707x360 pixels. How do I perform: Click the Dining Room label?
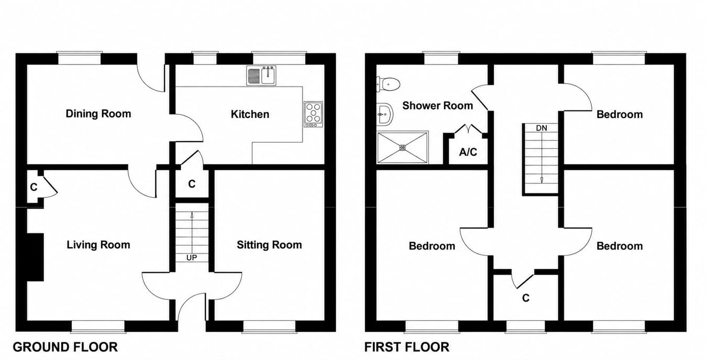click(x=98, y=114)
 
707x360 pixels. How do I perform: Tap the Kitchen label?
click(x=250, y=114)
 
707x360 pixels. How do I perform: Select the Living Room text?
click(x=98, y=245)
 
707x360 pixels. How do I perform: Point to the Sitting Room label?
click(x=269, y=245)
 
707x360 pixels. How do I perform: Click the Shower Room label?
click(x=437, y=105)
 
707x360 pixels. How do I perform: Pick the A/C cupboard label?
click(x=468, y=152)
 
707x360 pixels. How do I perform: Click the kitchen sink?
click(x=261, y=75)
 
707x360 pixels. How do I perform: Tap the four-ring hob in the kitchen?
click(x=313, y=114)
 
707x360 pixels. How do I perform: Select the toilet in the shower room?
click(x=388, y=84)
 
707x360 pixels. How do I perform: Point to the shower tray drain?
click(x=402, y=147)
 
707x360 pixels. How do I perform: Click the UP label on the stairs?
click(x=192, y=258)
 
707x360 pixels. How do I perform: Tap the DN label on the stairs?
click(x=542, y=128)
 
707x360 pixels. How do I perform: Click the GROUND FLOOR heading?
click(x=65, y=347)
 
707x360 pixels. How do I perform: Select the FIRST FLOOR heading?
click(x=407, y=347)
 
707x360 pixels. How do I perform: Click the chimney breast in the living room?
click(x=36, y=257)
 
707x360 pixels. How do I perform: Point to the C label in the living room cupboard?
click(x=34, y=187)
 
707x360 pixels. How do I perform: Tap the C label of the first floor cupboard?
click(x=525, y=298)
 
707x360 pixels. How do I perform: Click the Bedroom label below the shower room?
click(x=432, y=246)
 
